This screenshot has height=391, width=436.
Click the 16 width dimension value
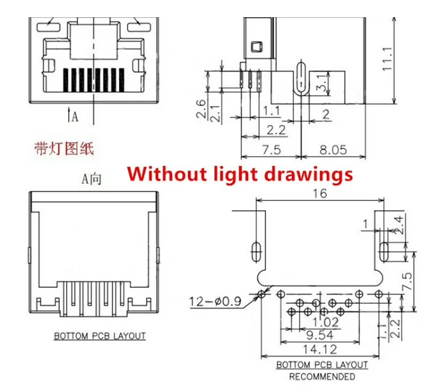coord(319,193)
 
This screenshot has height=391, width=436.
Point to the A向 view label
coord(91,179)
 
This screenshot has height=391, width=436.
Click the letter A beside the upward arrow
coord(75,117)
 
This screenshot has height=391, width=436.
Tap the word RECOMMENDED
coord(322,377)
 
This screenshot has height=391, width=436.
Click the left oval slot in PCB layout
coord(255,250)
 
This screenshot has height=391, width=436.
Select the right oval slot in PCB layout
coord(384,250)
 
